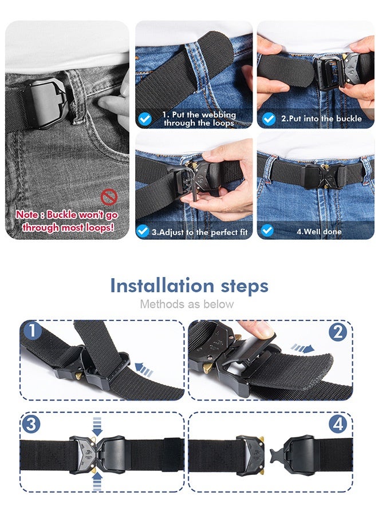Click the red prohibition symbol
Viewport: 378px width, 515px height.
[109, 197]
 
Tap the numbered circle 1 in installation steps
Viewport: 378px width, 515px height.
[32, 331]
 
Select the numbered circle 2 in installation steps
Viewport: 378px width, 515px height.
[338, 332]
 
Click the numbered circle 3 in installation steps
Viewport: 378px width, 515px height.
[31, 423]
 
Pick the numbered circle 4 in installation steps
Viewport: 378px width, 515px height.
[338, 425]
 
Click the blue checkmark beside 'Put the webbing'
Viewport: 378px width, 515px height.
[145, 118]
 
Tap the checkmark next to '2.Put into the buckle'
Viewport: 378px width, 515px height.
[269, 118]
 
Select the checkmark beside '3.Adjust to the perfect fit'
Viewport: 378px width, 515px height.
[143, 231]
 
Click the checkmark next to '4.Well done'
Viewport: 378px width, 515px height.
[267, 231]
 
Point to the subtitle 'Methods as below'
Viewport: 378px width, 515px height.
[187, 304]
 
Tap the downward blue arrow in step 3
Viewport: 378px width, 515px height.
[97, 426]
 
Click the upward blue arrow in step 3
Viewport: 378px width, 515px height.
[97, 481]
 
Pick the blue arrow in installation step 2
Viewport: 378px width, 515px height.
[302, 348]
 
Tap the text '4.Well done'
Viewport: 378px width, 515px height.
[319, 232]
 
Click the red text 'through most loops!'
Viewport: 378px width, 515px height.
[68, 227]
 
